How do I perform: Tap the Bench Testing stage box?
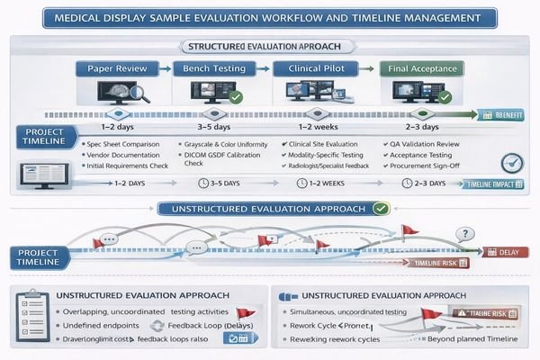pos(213,68)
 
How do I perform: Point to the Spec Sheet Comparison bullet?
pos(123,144)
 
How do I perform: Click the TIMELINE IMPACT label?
pos(494,183)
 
